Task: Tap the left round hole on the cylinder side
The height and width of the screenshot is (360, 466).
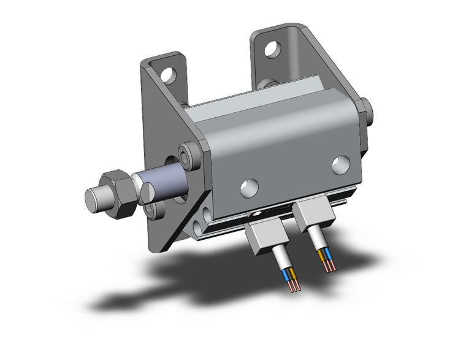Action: pos(249,187)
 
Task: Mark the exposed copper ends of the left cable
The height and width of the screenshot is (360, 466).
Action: pos(293,286)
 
